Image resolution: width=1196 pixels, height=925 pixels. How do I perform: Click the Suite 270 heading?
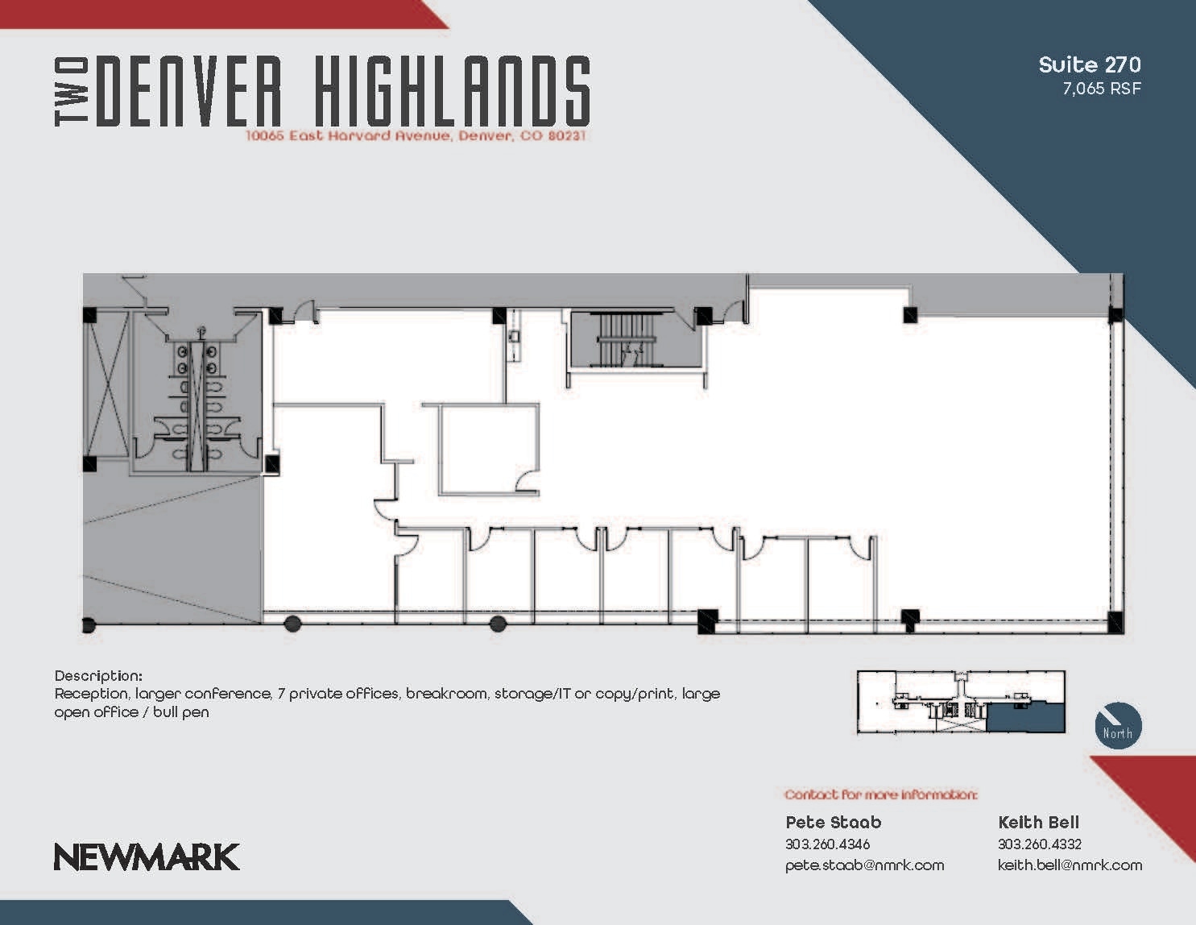[1089, 64]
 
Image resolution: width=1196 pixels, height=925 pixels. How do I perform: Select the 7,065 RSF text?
[1101, 89]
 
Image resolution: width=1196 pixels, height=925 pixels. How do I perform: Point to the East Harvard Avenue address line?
[416, 136]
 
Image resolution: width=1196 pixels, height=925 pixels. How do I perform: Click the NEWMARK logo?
[147, 857]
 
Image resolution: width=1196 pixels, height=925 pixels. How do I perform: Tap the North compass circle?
[1118, 725]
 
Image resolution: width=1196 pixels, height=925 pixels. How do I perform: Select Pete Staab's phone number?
[827, 844]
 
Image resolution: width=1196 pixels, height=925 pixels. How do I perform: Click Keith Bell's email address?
[1070, 865]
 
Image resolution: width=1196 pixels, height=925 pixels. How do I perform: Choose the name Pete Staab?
[833, 823]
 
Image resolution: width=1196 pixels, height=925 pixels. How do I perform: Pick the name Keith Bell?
[1038, 823]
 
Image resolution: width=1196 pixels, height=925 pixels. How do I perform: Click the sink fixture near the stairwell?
[514, 335]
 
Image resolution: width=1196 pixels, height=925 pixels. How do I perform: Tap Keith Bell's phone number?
[1039, 844]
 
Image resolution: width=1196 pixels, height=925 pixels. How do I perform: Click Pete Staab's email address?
[864, 865]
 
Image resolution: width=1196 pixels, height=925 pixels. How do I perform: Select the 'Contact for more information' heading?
[880, 795]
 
